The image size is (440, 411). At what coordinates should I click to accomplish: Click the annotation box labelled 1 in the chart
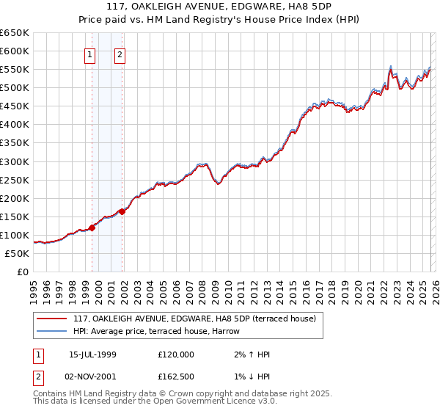point(89,54)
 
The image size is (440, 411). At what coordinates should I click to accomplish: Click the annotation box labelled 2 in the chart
point(120,54)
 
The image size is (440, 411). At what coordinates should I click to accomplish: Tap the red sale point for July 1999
point(92,228)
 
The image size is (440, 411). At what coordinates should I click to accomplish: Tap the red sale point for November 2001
point(122,211)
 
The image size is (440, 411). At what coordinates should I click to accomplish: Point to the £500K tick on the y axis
point(15,88)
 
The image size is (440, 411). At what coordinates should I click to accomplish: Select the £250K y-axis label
point(15,180)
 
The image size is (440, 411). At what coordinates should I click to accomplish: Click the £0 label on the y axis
point(22,272)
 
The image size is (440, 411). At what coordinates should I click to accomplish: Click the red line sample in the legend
point(52,319)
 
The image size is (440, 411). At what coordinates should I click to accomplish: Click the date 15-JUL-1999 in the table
point(92,354)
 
